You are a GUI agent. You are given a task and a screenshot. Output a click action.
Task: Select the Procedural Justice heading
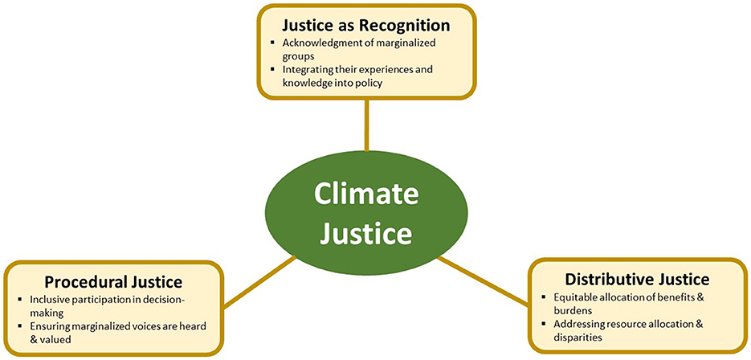click(x=113, y=282)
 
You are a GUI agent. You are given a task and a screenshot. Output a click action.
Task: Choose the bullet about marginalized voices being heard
click(x=116, y=332)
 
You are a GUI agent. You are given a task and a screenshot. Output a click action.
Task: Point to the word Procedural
click(x=84, y=282)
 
